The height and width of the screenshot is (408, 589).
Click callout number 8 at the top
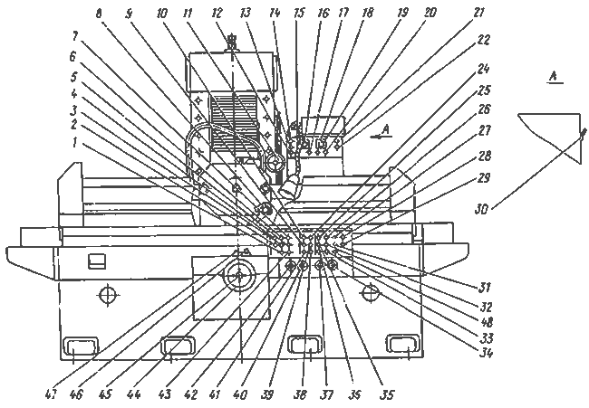tap(99, 14)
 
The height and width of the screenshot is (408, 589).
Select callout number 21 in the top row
tap(478, 13)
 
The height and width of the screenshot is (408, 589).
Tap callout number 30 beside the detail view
tap(481, 209)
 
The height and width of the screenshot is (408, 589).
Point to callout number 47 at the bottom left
tap(50, 394)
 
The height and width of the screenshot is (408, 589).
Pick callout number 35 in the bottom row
tap(387, 394)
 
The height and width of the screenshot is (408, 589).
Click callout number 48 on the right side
tap(486, 322)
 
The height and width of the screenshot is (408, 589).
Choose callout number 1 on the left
tap(75, 143)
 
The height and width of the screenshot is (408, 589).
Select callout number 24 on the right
tap(483, 69)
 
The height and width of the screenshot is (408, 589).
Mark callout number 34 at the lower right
tap(486, 353)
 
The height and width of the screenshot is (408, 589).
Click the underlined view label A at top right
tap(553, 77)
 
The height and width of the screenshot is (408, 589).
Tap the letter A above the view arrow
tap(385, 129)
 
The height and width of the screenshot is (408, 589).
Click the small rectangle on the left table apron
tap(97, 261)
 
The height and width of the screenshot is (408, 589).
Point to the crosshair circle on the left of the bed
tap(108, 295)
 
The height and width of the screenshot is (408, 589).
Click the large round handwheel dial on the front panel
tap(239, 277)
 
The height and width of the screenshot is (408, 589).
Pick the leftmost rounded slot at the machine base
tap(81, 346)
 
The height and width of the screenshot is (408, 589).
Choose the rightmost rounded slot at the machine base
tap(403, 344)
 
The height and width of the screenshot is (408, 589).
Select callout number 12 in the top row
tap(217, 14)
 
